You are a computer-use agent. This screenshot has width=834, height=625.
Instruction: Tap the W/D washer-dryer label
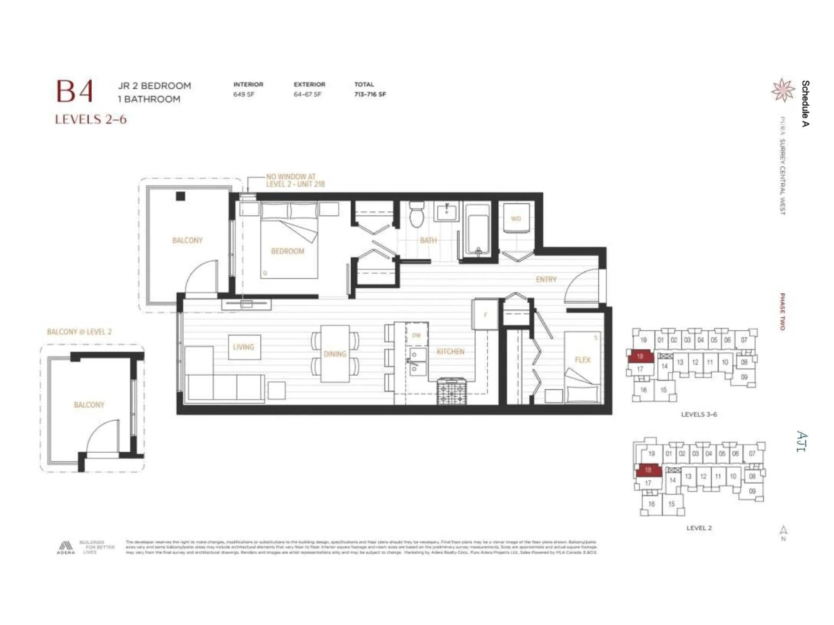pos(516,219)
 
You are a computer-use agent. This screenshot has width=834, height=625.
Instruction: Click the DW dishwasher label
pos(416,335)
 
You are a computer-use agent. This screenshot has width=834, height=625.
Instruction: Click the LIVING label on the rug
pos(243,347)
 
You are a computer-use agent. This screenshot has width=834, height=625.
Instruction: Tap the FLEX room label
pos(582,360)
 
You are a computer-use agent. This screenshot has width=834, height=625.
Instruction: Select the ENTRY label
pos(546,279)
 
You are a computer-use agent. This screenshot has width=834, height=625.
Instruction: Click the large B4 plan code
pos(75,92)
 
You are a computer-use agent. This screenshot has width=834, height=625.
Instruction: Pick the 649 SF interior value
pos(243,94)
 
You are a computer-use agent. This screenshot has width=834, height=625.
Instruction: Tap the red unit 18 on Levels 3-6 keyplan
pos(640,356)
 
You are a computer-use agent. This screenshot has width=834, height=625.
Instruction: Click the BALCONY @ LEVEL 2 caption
pos(79,332)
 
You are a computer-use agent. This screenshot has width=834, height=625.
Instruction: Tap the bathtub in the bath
pos(477,230)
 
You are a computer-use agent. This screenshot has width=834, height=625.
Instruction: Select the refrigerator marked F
pos(486,314)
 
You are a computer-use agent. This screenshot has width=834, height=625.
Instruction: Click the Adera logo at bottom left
pos(66,547)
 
